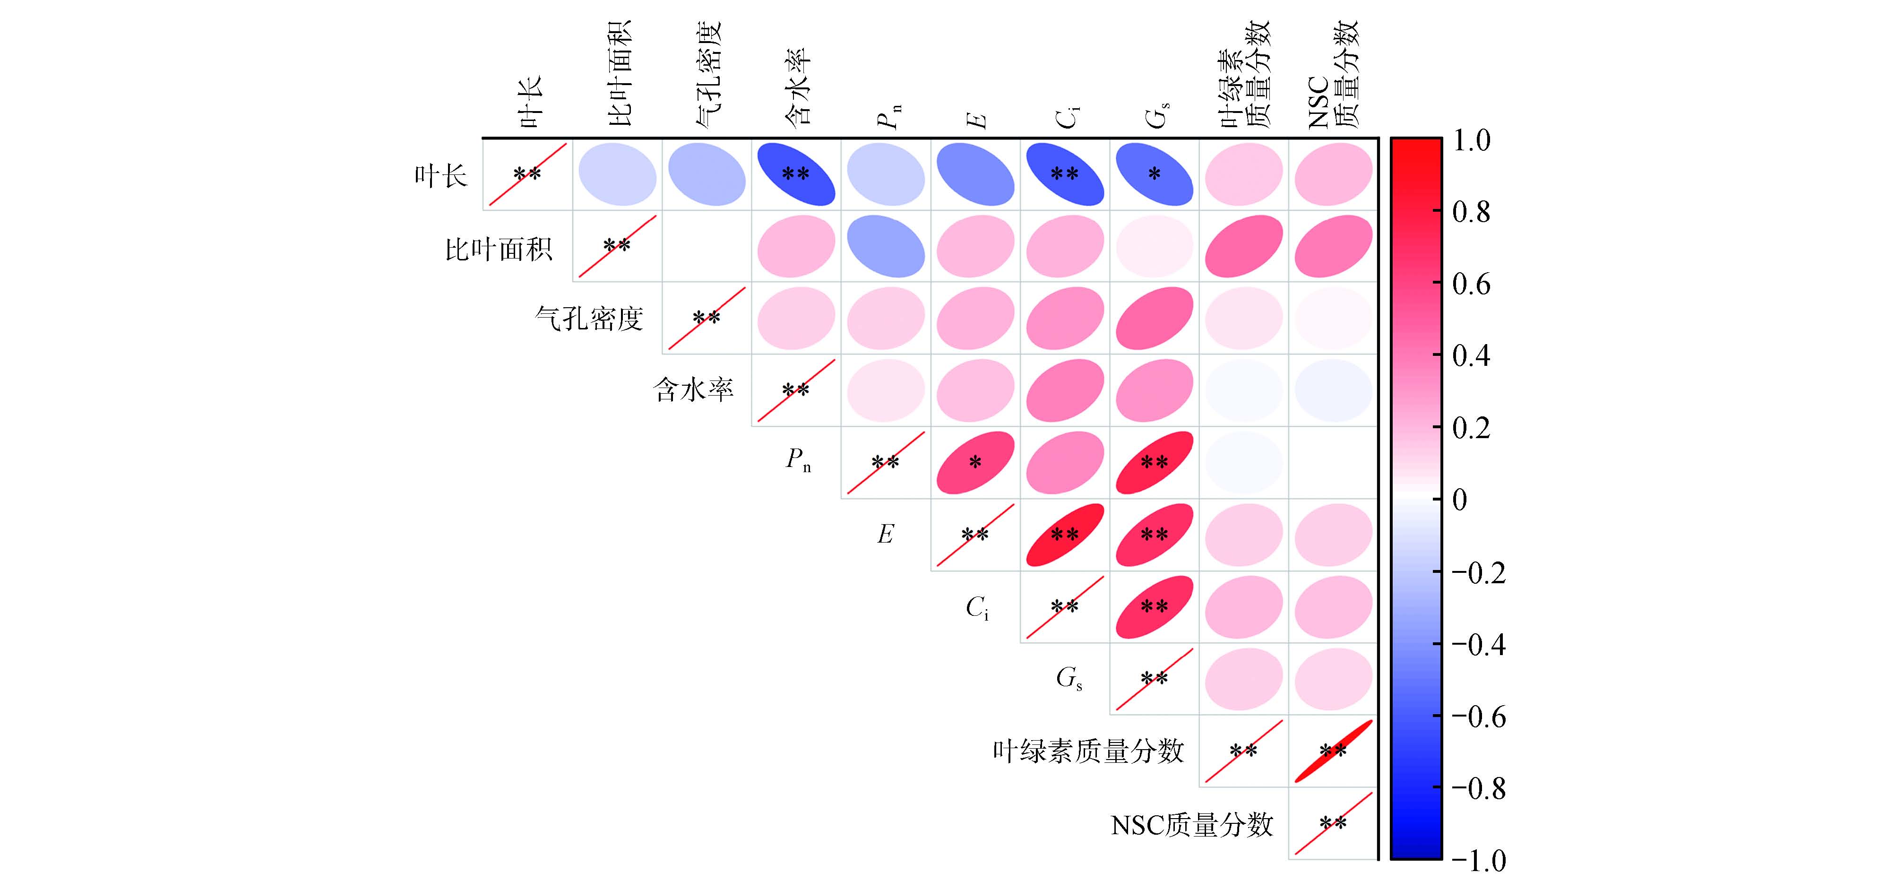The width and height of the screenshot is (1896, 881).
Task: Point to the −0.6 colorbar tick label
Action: [x=1478, y=717]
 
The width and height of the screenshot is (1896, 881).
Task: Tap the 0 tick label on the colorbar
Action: [x=1459, y=501]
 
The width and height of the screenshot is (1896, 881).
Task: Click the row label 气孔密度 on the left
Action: [x=589, y=319]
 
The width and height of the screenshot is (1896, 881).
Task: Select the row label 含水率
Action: [x=693, y=390]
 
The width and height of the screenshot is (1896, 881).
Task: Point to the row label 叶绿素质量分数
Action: [x=1088, y=751]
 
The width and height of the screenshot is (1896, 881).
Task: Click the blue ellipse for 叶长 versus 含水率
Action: [x=796, y=174]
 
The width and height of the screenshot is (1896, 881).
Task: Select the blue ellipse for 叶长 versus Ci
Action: [x=1064, y=174]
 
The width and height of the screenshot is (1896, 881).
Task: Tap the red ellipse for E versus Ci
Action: [x=1064, y=535]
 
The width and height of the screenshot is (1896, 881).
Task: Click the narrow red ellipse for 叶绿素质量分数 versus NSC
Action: [x=1333, y=751]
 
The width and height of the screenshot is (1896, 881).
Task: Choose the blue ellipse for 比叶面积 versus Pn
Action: [x=886, y=246]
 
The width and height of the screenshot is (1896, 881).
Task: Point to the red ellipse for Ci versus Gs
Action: [x=1154, y=606]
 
